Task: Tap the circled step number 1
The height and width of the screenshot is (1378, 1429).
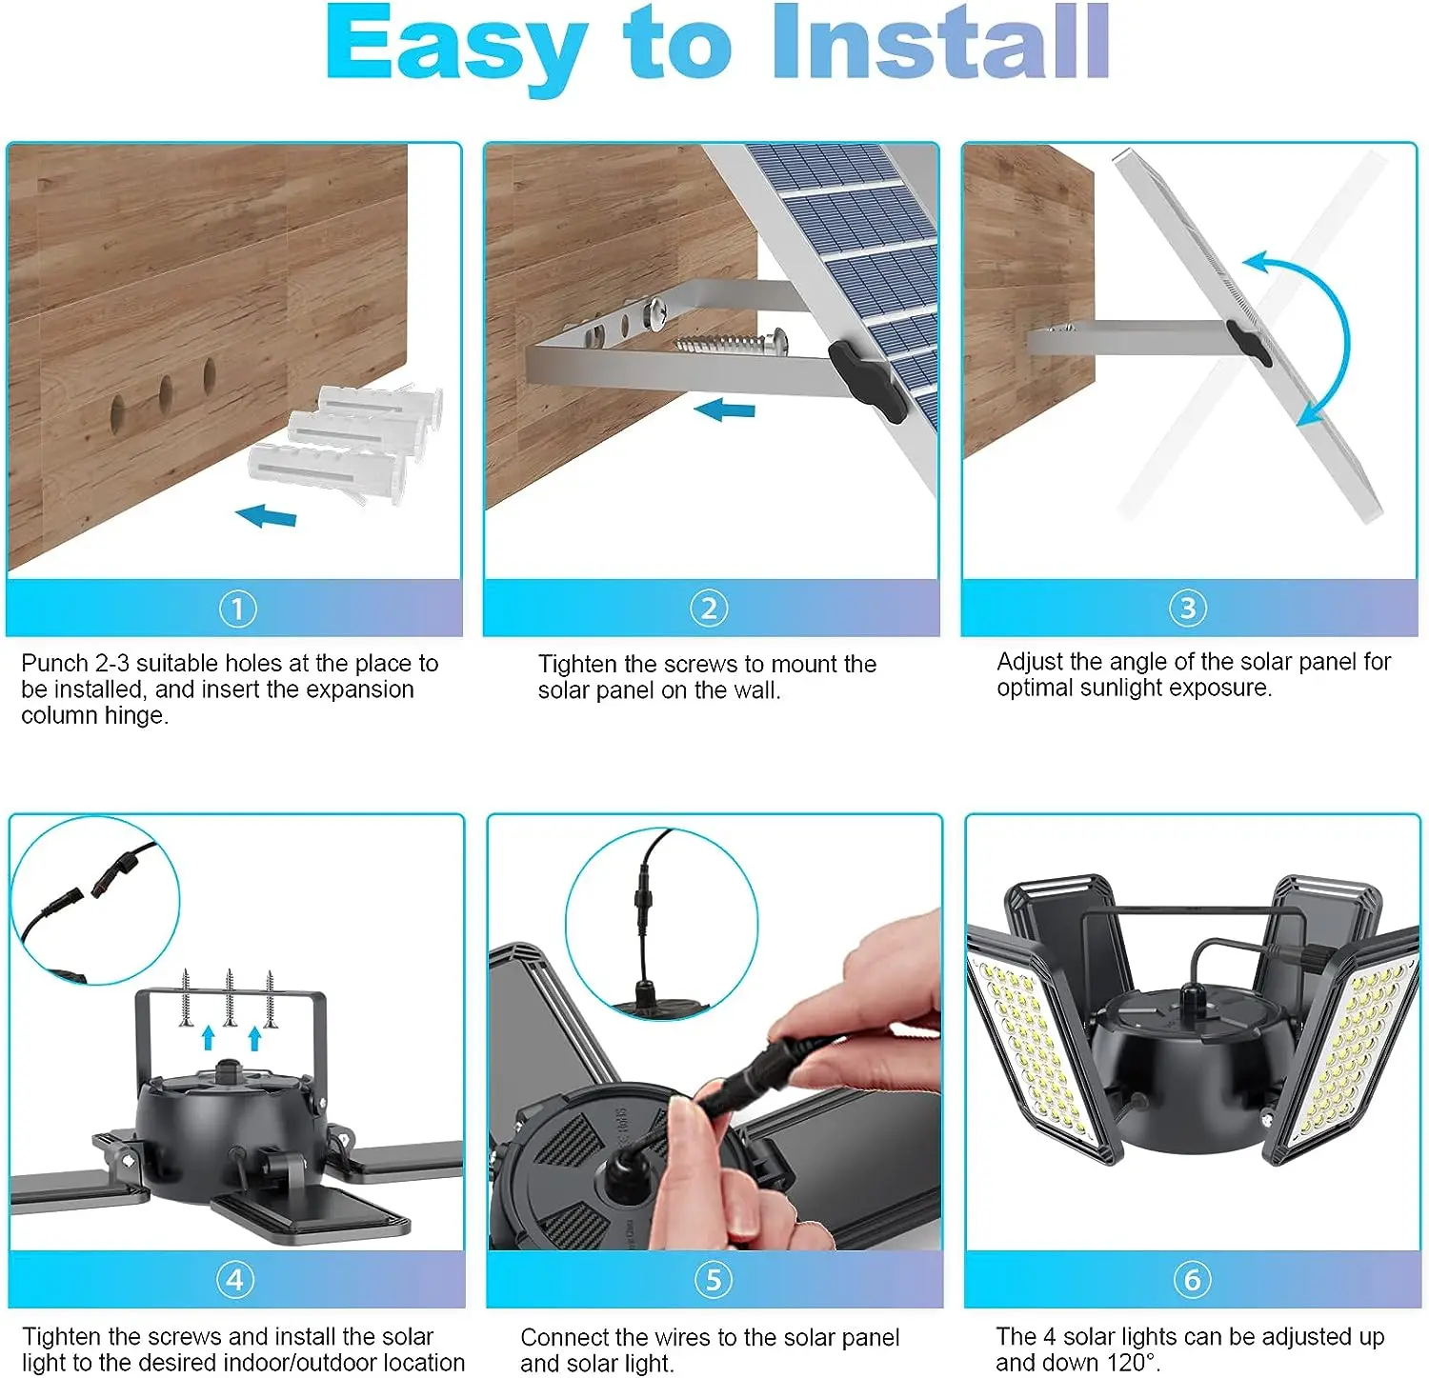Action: (x=237, y=608)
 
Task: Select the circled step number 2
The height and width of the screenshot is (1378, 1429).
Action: (x=709, y=608)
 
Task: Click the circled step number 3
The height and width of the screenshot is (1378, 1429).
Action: (x=1187, y=608)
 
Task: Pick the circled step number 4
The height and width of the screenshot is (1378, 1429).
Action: (x=235, y=1279)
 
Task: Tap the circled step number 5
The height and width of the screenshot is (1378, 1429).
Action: (x=714, y=1279)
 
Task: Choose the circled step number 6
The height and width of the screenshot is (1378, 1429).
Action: (x=1192, y=1279)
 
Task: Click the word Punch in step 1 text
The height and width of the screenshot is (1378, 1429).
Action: (x=55, y=664)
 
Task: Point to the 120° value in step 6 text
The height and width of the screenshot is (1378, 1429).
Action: (x=1134, y=1363)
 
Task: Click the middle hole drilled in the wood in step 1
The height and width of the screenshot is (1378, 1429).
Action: (x=165, y=392)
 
